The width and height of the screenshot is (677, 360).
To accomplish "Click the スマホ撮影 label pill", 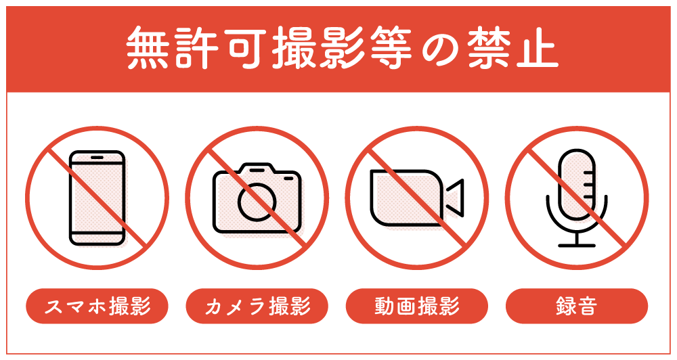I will pos(97,307).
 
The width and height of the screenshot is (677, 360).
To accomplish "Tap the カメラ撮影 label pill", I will pos(257,307).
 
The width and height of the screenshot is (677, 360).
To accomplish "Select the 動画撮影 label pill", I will pos(416,307).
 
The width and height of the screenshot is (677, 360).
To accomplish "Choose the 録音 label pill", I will pos(576,307).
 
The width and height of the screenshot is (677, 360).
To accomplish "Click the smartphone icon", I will pos(97,197).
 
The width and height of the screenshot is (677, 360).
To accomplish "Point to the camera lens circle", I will pos(257,202).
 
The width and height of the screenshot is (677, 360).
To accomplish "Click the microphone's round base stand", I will pos(576,246).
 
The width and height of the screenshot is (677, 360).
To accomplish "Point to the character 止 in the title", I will pos(536,49).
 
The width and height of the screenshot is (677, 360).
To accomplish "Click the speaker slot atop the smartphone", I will pos(97,158).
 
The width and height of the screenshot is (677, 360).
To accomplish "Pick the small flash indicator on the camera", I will pos(288,179).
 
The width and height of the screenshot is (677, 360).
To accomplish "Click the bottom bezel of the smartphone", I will pos(97,238).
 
